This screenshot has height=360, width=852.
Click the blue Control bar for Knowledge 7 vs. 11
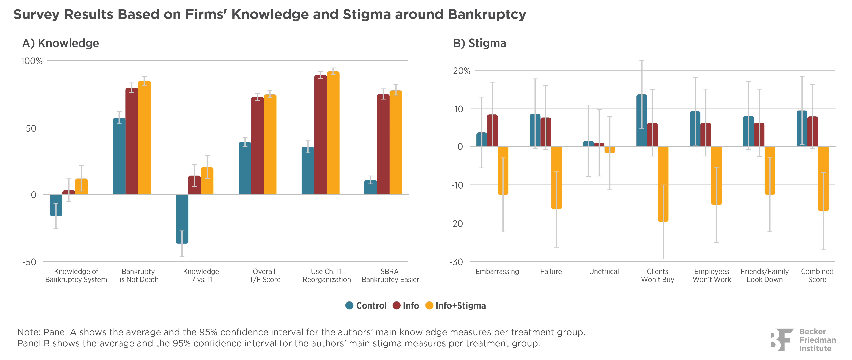182,219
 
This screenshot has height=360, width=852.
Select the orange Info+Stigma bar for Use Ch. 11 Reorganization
333,133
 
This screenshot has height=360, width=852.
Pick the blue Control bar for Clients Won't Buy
642,121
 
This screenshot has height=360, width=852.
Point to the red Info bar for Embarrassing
492,130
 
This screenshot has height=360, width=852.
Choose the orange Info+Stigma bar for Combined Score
823,179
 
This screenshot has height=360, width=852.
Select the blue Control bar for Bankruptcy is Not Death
119,156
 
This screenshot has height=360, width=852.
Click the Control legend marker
349,305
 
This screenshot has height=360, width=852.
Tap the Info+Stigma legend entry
455,305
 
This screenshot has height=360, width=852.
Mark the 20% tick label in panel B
461,71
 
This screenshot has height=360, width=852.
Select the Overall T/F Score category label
265,275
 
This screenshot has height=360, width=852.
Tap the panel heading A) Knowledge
61,43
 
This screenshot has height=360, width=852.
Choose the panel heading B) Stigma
480,43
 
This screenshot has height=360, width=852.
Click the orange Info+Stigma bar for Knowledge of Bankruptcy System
81,186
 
